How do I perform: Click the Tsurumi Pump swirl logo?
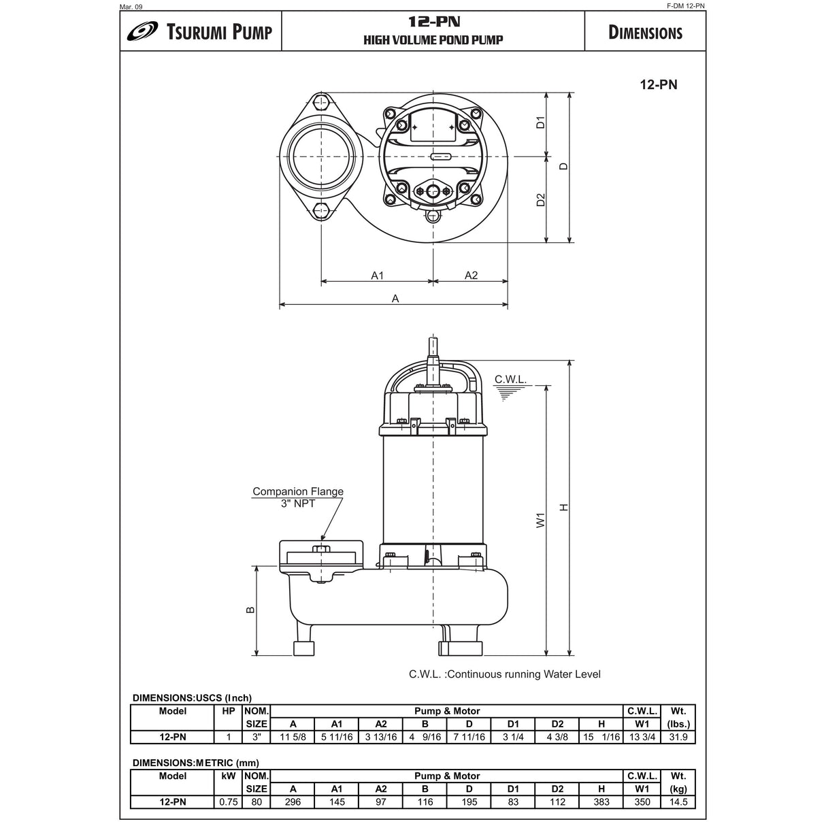coord(142,32)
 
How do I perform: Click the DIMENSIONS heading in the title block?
coord(644,33)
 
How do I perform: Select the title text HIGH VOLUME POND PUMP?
coord(433,40)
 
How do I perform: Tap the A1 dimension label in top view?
coord(378,275)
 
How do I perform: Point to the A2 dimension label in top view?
coord(471,275)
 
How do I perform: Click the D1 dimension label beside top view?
coord(541,123)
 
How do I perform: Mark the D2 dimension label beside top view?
coord(541,199)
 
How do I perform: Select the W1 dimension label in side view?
coord(541,521)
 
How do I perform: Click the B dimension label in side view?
coord(250,610)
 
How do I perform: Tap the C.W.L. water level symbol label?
coord(510,379)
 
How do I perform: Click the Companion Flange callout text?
coord(298,491)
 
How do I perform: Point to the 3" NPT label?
coord(298,503)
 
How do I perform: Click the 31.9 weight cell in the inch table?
coord(678,737)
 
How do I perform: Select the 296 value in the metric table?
coord(293,802)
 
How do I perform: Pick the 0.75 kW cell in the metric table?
coord(229,802)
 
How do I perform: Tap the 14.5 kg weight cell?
coord(678,802)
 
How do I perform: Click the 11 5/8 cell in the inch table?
coord(293,737)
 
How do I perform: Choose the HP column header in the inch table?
coord(229,711)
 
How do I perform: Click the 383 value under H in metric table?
coord(601,802)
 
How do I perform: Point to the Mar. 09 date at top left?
coord(131,6)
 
